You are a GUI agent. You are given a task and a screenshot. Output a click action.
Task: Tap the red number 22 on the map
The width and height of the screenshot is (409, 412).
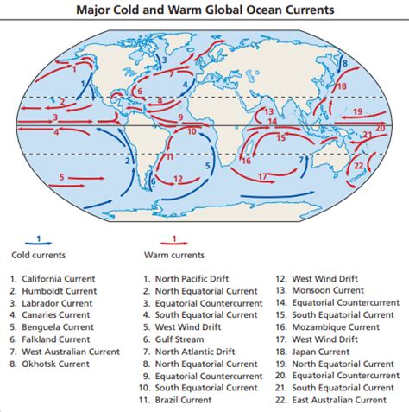point(358,165)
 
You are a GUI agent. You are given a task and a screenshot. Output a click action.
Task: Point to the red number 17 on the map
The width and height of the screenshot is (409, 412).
point(262,176)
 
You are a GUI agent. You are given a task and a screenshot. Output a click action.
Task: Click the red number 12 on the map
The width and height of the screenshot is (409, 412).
point(178,179)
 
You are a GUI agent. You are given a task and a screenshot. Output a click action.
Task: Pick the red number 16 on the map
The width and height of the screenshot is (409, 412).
point(246,160)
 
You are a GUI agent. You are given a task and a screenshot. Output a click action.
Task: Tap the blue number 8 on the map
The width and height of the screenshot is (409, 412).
point(344,63)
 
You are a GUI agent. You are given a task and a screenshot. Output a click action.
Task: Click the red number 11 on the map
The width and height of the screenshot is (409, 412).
point(169,156)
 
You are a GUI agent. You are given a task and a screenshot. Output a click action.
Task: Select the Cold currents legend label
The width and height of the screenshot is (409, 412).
point(38,256)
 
